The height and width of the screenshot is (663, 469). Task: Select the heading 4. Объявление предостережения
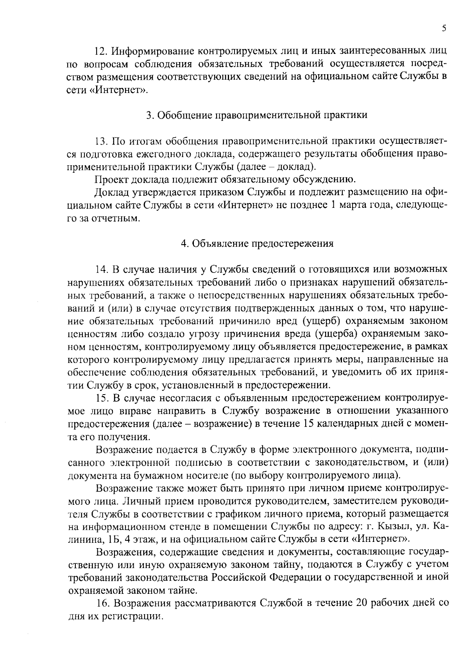tap(257, 244)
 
